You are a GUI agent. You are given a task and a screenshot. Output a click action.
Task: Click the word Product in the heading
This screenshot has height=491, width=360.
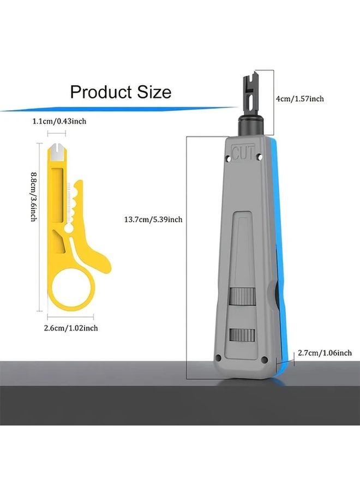point(101,92)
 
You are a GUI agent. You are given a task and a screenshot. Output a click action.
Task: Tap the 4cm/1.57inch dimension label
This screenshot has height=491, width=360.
point(299,99)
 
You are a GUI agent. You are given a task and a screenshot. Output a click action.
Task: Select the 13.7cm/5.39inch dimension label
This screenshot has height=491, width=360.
point(153,219)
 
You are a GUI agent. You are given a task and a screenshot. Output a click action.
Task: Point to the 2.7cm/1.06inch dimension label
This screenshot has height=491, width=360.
point(325,353)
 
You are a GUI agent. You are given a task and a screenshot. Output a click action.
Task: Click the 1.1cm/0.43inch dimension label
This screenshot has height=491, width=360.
point(59,121)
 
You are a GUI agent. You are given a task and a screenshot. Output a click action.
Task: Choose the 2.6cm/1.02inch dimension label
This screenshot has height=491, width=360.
point(71,328)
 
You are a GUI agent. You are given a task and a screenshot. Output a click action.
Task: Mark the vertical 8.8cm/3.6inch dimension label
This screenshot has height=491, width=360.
point(34,196)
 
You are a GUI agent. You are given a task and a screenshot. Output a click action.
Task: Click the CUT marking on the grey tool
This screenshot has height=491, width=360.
point(244,153)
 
